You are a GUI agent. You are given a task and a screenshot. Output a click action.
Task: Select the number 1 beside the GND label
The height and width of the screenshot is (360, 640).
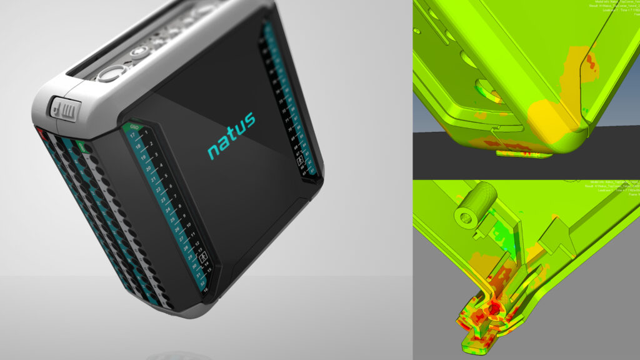coord(146,133)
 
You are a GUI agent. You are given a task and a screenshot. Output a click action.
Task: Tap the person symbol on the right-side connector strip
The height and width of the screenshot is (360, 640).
coord(302,162)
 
